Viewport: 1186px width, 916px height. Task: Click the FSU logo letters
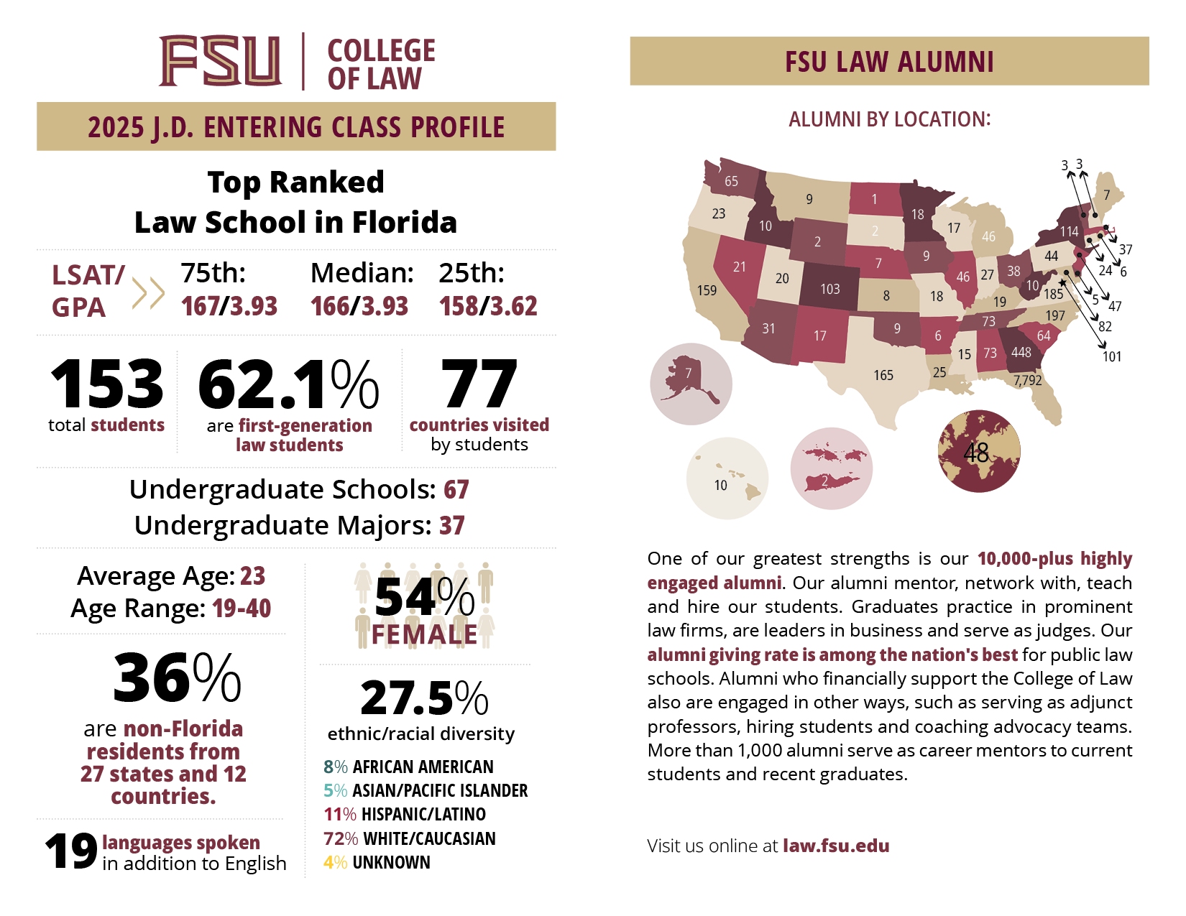coord(220,61)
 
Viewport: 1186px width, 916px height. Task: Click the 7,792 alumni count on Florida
coord(1027,380)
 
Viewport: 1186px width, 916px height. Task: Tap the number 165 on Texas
coord(883,375)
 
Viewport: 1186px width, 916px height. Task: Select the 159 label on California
coord(707,290)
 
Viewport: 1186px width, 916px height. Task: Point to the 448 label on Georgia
coord(1021,352)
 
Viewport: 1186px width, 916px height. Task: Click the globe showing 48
coord(978,451)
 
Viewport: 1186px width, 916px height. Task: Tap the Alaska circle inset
coord(691,384)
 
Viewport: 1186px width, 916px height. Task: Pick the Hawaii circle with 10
coord(727,478)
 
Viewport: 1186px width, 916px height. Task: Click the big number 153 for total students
coord(107,384)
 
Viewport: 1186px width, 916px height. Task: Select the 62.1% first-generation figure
coord(288,385)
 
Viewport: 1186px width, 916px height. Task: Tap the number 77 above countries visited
coord(479,384)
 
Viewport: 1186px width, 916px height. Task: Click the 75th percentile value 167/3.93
coord(229,307)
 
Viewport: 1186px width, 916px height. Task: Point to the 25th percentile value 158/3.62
coord(488,307)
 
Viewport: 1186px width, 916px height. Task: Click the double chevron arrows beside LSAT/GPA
coord(148,292)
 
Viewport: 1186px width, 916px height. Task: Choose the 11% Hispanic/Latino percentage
coord(339,814)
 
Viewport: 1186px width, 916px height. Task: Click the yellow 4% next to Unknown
coord(335,862)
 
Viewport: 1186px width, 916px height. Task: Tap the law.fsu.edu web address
coord(835,846)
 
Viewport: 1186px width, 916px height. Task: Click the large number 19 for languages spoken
coord(70,851)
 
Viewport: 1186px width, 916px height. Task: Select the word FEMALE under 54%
coord(424,634)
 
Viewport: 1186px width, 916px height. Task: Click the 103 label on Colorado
coord(829,289)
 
